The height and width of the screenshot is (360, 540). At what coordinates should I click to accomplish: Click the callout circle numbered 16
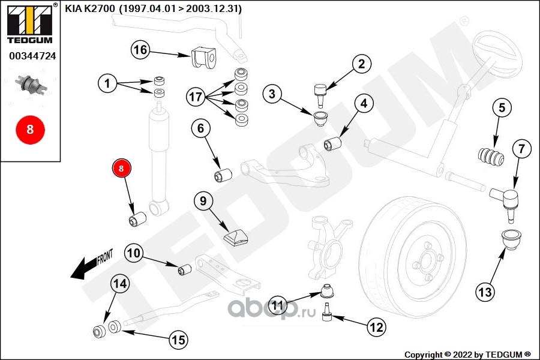[x=140, y=50]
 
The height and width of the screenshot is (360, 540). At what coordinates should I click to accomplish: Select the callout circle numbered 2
[x=361, y=64]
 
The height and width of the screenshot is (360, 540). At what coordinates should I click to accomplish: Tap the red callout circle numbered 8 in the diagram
[x=121, y=168]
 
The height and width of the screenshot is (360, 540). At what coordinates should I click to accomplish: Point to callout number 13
[x=485, y=292]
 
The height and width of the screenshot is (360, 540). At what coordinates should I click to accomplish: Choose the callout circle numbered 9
[x=203, y=200]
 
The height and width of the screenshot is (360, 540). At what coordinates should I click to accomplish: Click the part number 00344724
[x=32, y=56]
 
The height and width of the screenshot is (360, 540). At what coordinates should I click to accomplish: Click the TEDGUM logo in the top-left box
[x=30, y=23]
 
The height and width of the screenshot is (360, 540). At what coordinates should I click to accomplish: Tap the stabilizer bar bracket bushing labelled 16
[x=203, y=56]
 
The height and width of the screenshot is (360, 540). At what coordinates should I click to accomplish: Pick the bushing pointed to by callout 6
[x=223, y=175]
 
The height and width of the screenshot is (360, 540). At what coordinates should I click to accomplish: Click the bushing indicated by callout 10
[x=185, y=269]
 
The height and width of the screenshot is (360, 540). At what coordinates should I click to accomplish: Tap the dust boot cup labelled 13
[x=511, y=239]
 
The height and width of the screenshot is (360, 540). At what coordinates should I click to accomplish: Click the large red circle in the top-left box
[x=31, y=130]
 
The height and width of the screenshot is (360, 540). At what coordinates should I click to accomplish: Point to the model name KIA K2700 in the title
[x=90, y=8]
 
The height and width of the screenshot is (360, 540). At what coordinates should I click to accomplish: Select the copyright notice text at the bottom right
[x=467, y=355]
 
